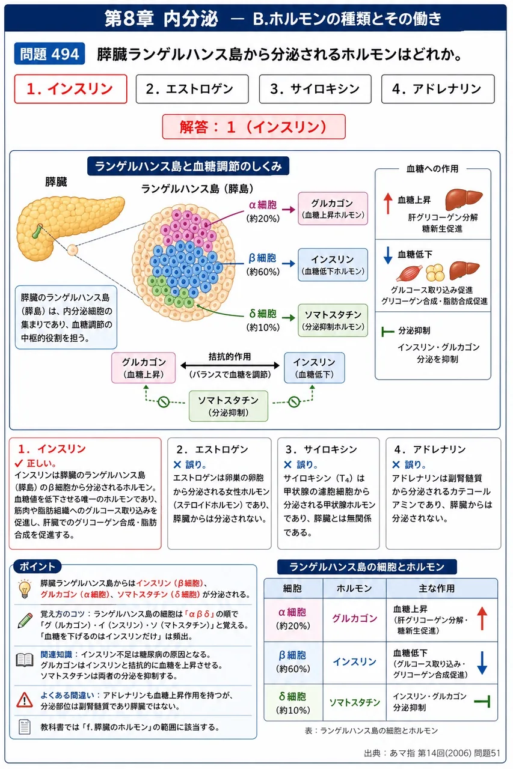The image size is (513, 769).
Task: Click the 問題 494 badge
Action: [x=49, y=54]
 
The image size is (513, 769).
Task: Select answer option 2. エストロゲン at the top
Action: [x=192, y=89]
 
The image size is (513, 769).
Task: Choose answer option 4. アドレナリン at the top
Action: [x=438, y=89]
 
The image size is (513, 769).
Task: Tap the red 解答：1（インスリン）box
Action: [x=254, y=127]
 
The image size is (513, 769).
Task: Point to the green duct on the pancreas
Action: [x=37, y=231]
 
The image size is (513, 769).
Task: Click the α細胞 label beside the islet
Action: [x=263, y=205]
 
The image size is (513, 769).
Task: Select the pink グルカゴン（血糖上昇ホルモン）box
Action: [x=333, y=208]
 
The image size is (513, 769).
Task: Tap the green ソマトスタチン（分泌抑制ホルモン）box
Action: [x=333, y=320]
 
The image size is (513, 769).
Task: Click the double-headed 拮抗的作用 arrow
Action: [x=230, y=365]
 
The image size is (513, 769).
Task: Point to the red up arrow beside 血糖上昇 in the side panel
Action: [x=388, y=203]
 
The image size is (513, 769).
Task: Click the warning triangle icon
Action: [x=25, y=700]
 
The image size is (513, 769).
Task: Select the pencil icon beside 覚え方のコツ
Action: [x=25, y=621]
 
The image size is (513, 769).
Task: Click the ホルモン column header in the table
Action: [x=354, y=588]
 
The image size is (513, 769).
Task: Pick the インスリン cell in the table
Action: [x=354, y=662]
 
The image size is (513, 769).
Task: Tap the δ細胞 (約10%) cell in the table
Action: [x=293, y=702]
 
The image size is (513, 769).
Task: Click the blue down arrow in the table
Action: [x=482, y=663]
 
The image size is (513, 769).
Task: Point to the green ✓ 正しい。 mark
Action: [x=35, y=463]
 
